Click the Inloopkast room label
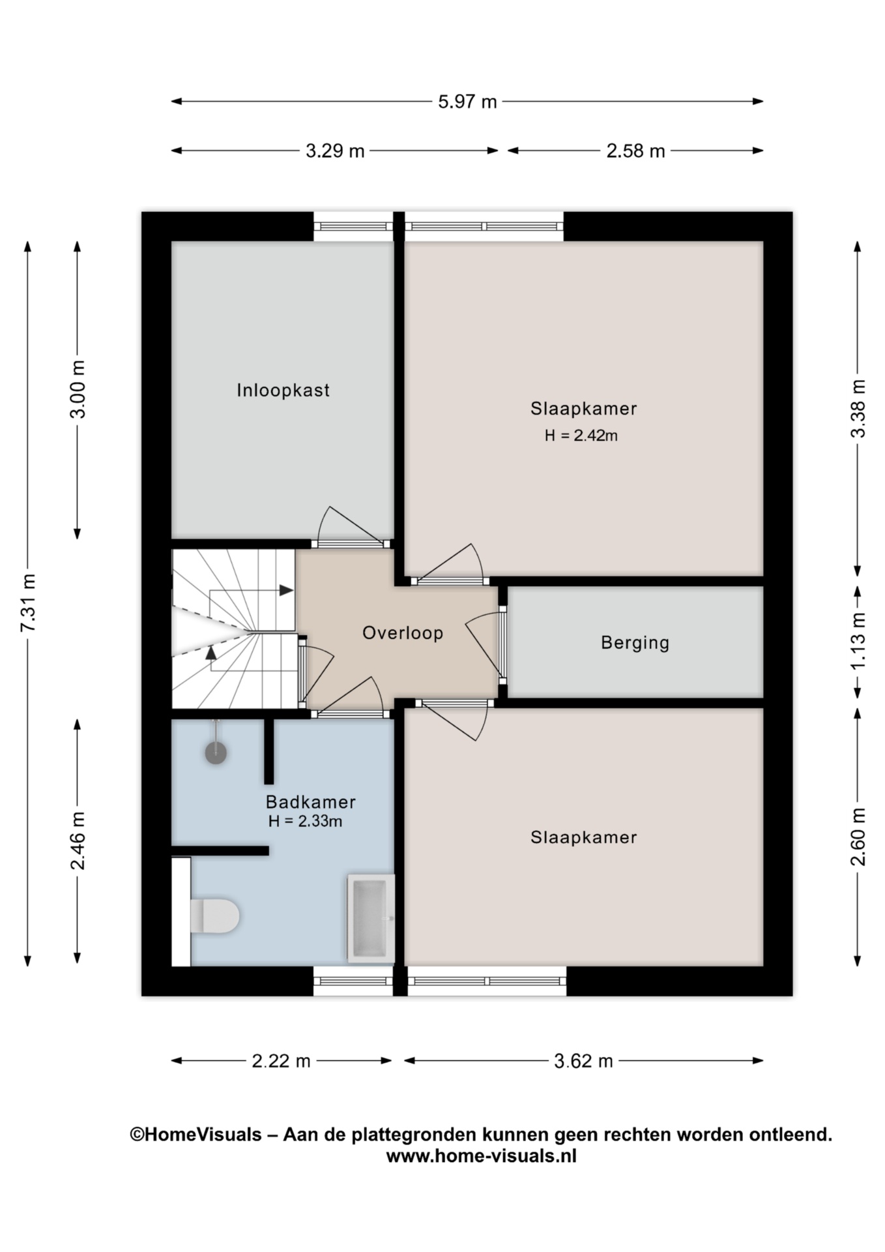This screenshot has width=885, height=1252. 283,391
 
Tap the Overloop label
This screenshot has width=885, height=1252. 403,633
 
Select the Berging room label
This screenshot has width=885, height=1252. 635,643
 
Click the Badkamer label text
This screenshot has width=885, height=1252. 310,801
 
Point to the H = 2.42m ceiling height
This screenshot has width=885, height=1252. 581,436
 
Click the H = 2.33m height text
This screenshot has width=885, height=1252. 305,821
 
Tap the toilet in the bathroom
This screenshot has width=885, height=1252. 214,916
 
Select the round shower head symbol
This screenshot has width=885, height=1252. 216,753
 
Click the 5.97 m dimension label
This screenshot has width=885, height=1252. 467,102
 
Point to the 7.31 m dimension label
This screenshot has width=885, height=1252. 28,603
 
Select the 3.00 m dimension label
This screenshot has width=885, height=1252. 78,389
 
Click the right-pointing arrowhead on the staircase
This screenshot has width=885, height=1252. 285,590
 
